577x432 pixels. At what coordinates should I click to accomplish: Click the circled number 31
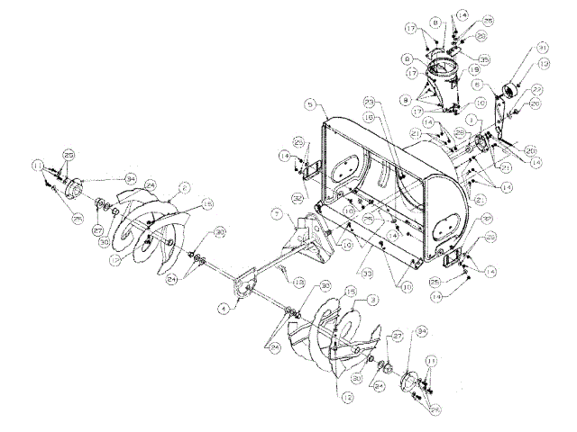coord(542,47)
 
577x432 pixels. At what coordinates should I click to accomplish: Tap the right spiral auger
coord(325,337)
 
